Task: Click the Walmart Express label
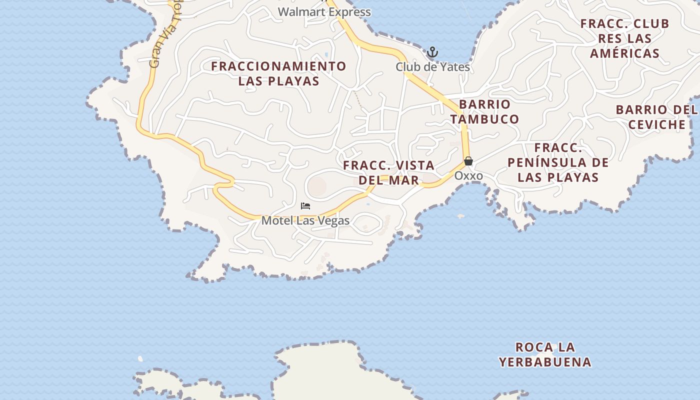point(324,12)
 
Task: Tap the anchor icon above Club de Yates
point(432,52)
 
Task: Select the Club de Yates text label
point(432,66)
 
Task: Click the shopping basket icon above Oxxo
point(468,161)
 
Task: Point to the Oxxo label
point(468,176)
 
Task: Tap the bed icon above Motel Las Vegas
point(305,206)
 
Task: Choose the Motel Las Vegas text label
point(305,220)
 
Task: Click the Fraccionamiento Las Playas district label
point(278,73)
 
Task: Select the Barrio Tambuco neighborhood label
point(484,111)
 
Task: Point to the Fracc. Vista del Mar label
point(389,172)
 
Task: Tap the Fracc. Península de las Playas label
point(558,162)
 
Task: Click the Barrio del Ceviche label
point(656,117)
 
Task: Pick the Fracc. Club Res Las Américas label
point(624,38)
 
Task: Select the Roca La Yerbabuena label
point(545,354)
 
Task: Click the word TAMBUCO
point(484,119)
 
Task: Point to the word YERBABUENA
point(545,362)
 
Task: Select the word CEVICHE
point(656,124)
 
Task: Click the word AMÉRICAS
point(624,53)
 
